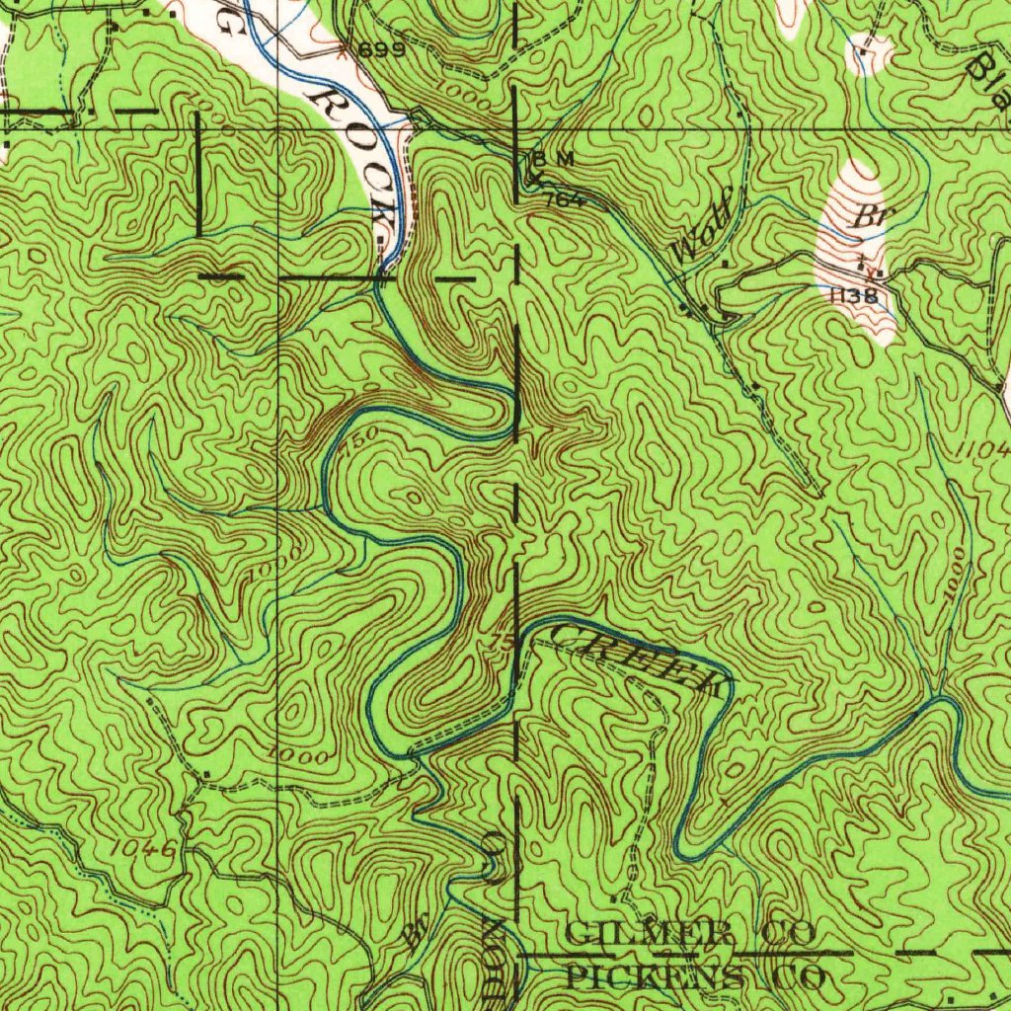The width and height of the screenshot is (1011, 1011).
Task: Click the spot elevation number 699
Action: click(381, 50)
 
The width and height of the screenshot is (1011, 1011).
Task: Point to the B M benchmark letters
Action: click(553, 159)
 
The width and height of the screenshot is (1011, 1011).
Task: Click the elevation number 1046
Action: click(143, 848)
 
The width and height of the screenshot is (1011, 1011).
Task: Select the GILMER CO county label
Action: click(688, 931)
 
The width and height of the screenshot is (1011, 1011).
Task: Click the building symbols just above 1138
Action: click(867, 265)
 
